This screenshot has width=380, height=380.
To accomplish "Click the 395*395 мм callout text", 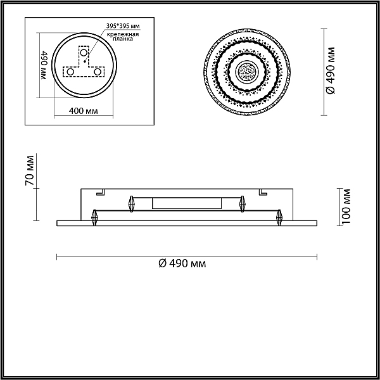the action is tap(123, 26).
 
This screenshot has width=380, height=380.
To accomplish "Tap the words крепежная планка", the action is tap(123, 36).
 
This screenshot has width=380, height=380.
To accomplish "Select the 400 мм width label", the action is tap(84, 111).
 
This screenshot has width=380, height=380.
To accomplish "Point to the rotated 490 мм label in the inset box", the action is tap(44, 65).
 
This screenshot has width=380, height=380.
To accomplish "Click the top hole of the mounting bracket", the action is tap(84, 53).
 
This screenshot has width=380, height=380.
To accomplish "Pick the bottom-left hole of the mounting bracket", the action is tap(70, 72).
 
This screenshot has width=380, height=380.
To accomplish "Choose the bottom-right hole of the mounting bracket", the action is tap(98, 72).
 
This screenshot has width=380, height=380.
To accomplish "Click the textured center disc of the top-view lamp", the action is tap(247, 72).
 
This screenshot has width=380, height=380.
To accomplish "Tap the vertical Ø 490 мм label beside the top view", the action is tap(331, 71).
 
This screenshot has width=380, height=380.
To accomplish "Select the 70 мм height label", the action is tap(29, 170).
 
